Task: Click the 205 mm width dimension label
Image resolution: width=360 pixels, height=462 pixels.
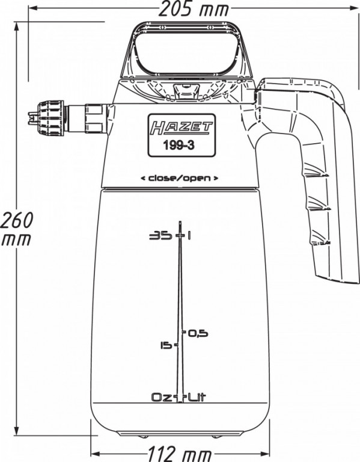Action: pos(194,9)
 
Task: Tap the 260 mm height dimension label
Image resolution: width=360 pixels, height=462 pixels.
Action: pos(17,229)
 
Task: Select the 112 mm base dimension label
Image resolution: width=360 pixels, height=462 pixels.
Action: pos(180,454)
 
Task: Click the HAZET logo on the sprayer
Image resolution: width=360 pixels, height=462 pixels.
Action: pos(182,128)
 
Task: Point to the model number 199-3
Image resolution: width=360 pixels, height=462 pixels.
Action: pos(179,146)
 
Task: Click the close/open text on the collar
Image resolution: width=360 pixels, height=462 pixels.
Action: pos(180,178)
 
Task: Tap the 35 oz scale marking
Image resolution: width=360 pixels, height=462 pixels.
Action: pos(160,236)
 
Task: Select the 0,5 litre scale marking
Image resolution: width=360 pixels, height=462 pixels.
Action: pos(198,333)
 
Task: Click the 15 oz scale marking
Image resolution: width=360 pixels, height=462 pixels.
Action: pos(166,345)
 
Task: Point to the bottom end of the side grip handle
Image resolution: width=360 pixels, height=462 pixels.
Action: pos(338,280)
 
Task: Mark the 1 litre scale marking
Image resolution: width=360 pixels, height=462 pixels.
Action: pos(188,236)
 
